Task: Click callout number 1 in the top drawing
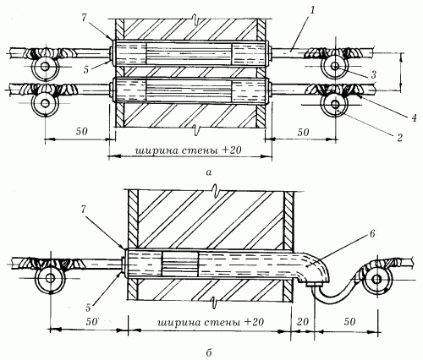point(311,11)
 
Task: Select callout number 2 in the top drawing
point(399,138)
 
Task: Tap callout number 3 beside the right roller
point(373,74)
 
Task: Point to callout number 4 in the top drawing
point(414,118)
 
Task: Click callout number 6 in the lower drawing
point(372,234)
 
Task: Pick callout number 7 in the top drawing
point(84,18)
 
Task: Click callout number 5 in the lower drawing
point(88,308)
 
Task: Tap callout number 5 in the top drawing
point(86,69)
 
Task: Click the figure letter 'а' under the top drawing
point(208,172)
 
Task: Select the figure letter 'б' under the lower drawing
point(209,352)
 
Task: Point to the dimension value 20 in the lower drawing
point(303,321)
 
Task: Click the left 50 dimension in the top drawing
point(82,131)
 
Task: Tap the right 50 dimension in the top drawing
point(303,132)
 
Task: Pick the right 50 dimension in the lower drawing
point(349,321)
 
